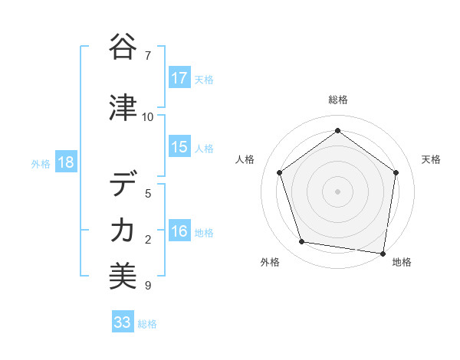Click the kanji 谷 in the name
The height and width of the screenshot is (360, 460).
coord(123,47)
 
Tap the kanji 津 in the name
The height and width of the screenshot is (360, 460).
coord(123,108)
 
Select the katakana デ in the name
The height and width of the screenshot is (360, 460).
coord(123,185)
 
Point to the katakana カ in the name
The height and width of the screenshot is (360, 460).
coord(123,230)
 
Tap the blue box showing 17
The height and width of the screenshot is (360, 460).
coord(179,78)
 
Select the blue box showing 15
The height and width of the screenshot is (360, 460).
coord(179,147)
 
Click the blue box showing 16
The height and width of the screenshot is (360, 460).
coord(179,231)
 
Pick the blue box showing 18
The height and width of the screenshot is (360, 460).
coord(65,162)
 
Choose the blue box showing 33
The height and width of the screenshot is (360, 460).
coord(123,322)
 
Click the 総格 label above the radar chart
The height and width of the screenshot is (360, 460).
coord(337,100)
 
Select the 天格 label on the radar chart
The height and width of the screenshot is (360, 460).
coord(431,159)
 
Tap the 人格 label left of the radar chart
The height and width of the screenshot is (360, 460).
coord(245,159)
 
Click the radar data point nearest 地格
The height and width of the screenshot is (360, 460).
coord(383,253)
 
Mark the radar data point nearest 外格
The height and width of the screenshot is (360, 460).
coord(302,242)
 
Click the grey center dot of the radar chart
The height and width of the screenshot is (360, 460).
coord(337,191)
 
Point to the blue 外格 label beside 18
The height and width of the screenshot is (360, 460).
coord(41,163)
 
